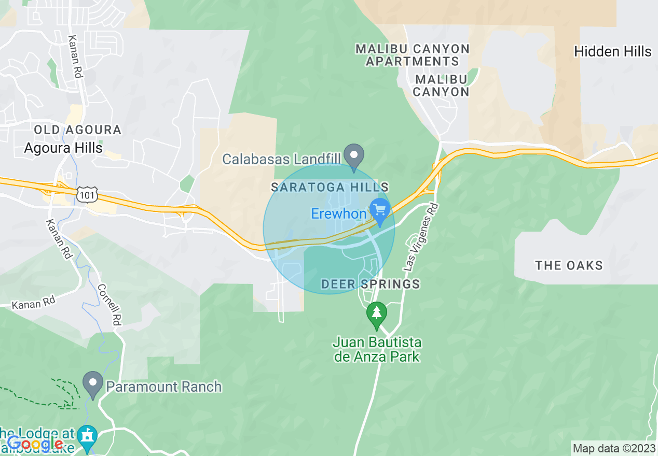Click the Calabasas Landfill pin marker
[355, 156]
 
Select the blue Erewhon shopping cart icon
[380, 211]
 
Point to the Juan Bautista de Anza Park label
[377, 350]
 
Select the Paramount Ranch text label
[163, 387]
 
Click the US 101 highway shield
[85, 194]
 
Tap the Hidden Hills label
[612, 51]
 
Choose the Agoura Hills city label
[63, 148]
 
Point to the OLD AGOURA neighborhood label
[77, 130]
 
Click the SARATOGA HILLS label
[330, 187]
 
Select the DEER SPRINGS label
[370, 284]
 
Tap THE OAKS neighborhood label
[569, 266]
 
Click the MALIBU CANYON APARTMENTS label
[413, 55]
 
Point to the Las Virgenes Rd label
[421, 237]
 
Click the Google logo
[35, 444]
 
